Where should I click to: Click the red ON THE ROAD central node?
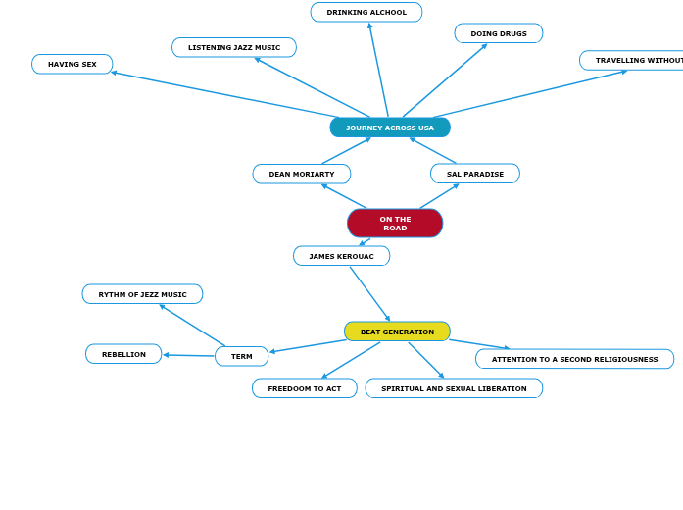click(x=395, y=224)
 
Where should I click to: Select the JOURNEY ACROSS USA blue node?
click(x=390, y=127)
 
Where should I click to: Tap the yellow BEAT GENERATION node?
click(x=397, y=331)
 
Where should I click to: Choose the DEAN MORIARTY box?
click(x=302, y=174)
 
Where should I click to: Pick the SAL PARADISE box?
click(x=475, y=174)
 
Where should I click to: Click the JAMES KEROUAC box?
click(x=341, y=256)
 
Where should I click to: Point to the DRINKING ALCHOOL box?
click(x=366, y=13)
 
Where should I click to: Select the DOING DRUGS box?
click(x=499, y=33)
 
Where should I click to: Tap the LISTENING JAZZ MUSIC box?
click(x=234, y=47)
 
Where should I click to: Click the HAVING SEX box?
click(x=73, y=64)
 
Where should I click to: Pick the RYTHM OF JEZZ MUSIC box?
click(x=142, y=294)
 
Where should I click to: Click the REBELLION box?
click(x=123, y=354)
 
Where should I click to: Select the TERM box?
click(x=242, y=356)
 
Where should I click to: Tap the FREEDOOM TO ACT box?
click(x=305, y=388)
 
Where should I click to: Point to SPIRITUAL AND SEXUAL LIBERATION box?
click(x=454, y=388)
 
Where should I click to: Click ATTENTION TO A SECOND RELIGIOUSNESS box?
click(x=574, y=359)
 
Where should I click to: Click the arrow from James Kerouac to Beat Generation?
click(x=369, y=293)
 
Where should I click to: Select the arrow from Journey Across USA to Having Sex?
click(x=225, y=95)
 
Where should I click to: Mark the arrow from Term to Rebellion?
click(x=189, y=355)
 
